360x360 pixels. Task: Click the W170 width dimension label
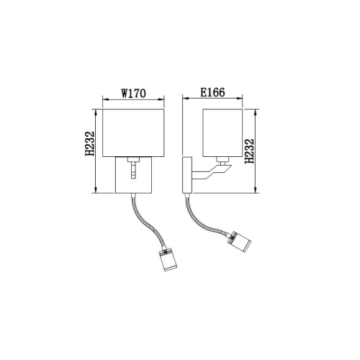[135, 93]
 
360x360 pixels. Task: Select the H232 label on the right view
[249, 152]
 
